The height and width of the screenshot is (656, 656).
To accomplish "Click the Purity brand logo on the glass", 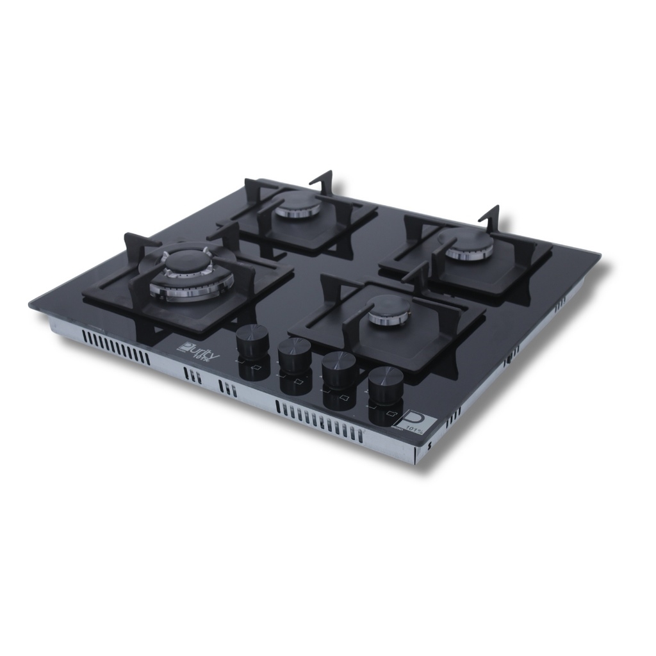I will [x=198, y=351].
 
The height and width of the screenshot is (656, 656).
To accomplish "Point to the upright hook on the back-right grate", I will [x=491, y=218].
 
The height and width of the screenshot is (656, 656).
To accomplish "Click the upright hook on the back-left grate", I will [x=324, y=182].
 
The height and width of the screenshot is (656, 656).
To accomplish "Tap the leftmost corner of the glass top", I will [x=31, y=304].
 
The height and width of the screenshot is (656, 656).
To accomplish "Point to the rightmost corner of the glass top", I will [x=599, y=256].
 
